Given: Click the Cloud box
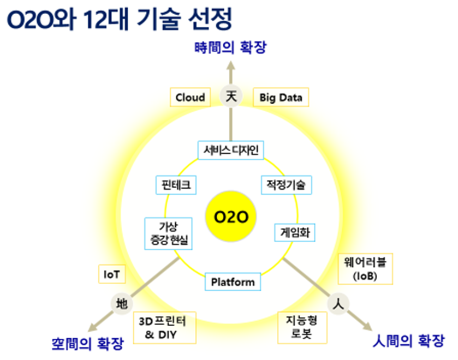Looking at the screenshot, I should tap(190, 98).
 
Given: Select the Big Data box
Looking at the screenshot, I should tap(281, 98).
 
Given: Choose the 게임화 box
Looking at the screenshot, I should tap(295, 231).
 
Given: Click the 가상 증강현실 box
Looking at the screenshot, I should tap(169, 233).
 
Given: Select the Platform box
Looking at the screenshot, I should tap(233, 282).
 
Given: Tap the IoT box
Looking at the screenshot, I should tap(111, 274).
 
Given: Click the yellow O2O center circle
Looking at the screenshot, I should tap(231, 218).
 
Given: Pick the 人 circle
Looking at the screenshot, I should tap(338, 304).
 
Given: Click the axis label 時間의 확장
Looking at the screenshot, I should tap(230, 48).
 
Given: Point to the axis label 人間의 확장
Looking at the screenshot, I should tap(409, 343).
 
